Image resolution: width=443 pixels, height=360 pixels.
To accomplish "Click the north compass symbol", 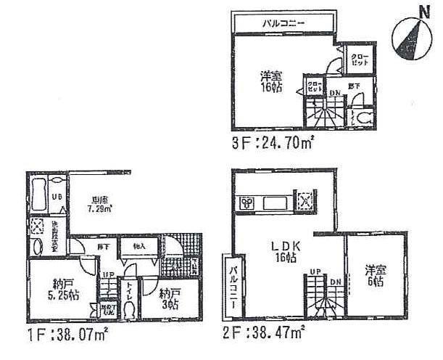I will coord(408,37).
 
